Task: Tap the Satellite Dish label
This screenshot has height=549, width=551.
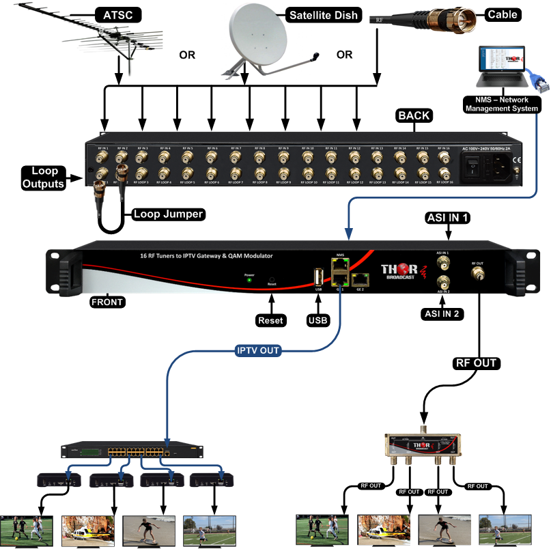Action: tap(324, 15)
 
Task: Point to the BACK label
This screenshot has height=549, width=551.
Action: tap(414, 115)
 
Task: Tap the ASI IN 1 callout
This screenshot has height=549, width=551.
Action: tap(448, 218)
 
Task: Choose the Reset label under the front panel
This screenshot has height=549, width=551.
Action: tap(271, 320)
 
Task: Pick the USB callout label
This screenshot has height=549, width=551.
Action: tap(318, 320)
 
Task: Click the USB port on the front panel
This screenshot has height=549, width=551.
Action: tap(318, 277)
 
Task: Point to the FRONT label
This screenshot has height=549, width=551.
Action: tap(107, 300)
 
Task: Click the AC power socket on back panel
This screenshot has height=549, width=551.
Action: tap(496, 165)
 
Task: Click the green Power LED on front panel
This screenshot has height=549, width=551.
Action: tap(249, 280)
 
